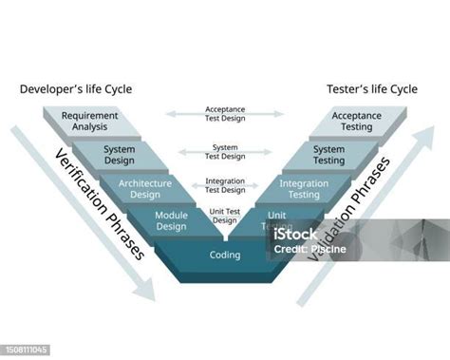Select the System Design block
point(119,155)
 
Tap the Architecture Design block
point(145,188)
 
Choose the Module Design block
point(171,221)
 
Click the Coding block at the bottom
point(224,255)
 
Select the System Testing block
point(328,155)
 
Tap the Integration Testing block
point(303,188)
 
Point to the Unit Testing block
point(277,221)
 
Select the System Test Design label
point(224,151)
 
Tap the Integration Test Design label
point(224,184)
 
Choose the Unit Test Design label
point(224,216)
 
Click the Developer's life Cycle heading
point(75,89)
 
